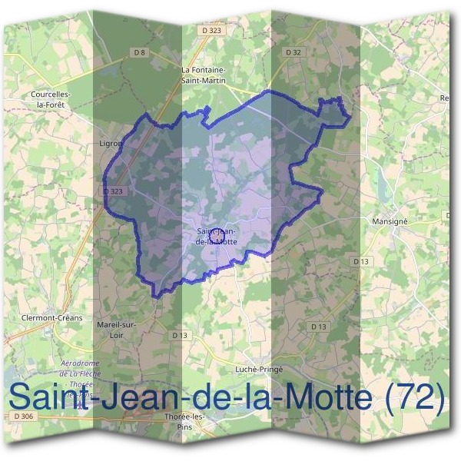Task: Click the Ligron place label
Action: pyautogui.click(x=111, y=143)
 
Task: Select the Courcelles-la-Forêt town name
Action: pyautogui.click(x=51, y=99)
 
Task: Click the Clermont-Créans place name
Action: pyautogui.click(x=54, y=317)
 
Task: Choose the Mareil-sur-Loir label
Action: pyautogui.click(x=116, y=330)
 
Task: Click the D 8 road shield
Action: pyautogui.click(x=139, y=52)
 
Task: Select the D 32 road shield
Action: pyautogui.click(x=292, y=52)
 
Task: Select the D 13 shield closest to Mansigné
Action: pyautogui.click(x=362, y=262)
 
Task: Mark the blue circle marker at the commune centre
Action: pyautogui.click(x=217, y=234)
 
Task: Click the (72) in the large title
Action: pyautogui.click(x=415, y=398)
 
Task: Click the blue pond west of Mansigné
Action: pyautogui.click(x=379, y=181)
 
